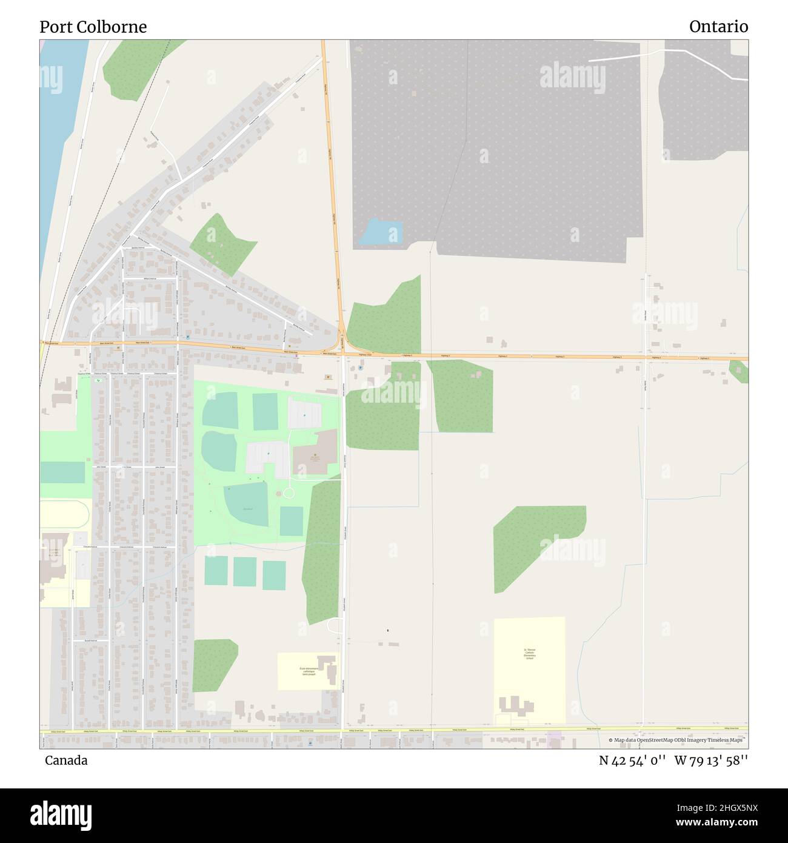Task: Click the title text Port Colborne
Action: pyautogui.click(x=93, y=27)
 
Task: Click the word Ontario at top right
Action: pyautogui.click(x=718, y=27)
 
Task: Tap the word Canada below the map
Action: pyautogui.click(x=66, y=761)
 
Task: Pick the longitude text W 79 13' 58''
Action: pyautogui.click(x=711, y=761)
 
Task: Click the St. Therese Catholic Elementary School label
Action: pyautogui.click(x=530, y=653)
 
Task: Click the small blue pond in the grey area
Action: pyautogui.click(x=381, y=232)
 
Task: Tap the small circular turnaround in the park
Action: pyautogui.click(x=289, y=492)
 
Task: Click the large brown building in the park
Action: pyautogui.click(x=315, y=452)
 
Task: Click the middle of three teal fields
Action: pyautogui.click(x=245, y=571)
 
